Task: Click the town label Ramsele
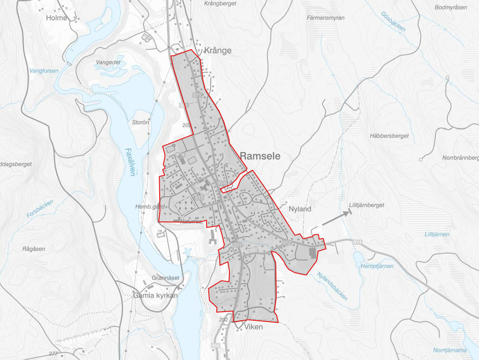[x=260, y=156]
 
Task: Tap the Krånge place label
[x=218, y=51]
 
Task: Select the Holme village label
[x=56, y=18]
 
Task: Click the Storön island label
[x=140, y=122]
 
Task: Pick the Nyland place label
[x=300, y=209]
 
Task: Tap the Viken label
[x=254, y=327]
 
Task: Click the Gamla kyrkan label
[x=156, y=296]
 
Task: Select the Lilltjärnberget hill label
[x=366, y=205]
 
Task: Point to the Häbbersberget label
[x=389, y=136]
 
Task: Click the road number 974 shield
[x=356, y=242]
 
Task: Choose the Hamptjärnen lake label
[x=377, y=266]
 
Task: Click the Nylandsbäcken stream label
[x=332, y=286]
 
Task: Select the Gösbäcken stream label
[x=394, y=21]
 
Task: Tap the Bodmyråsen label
[x=451, y=7]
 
